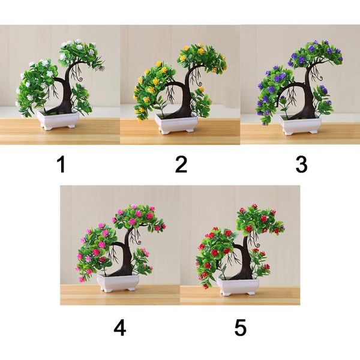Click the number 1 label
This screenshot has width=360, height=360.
tap(61, 164)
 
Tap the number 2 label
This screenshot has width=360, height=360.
tap(181, 164)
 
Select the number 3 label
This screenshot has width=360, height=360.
tap(301, 164)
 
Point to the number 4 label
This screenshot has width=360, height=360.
tap(120, 328)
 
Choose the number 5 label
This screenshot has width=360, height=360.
tap(241, 328)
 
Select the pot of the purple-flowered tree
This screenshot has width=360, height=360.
tap(298, 124)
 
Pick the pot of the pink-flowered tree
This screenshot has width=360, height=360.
tap(119, 282)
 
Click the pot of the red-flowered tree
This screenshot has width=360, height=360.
tap(238, 285)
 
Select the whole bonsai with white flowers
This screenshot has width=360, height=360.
tap(59, 84)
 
